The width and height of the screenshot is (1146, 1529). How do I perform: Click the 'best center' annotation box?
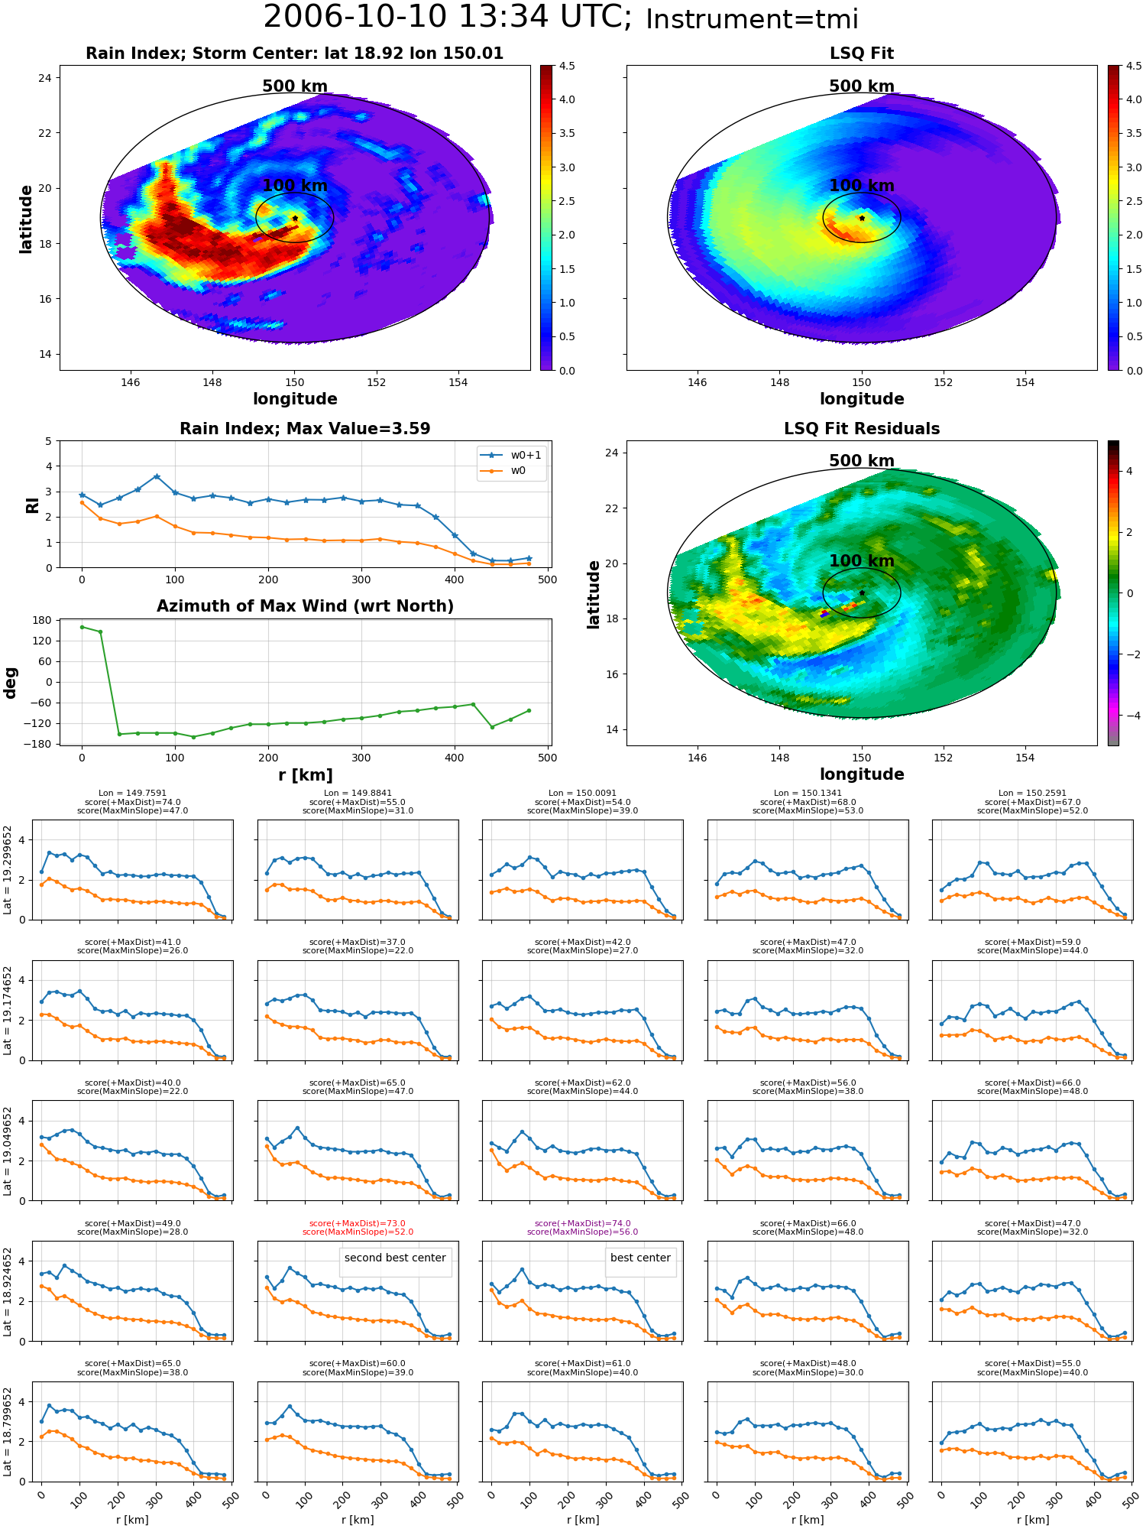[x=640, y=1258]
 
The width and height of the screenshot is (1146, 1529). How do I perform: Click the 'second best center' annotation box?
[x=395, y=1258]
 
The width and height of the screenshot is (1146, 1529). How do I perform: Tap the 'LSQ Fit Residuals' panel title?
[x=862, y=429]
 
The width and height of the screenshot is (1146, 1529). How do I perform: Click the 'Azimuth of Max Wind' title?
[x=305, y=606]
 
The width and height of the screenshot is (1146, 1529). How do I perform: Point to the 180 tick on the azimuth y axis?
[x=44, y=620]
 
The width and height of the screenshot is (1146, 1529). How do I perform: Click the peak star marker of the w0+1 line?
[x=157, y=476]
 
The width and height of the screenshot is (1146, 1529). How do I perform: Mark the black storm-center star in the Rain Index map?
[x=295, y=218]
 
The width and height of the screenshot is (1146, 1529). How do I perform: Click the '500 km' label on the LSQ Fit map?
[x=862, y=86]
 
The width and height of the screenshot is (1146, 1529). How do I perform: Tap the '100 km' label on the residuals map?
[x=862, y=561]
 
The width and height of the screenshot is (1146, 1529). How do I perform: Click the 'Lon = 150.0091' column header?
[x=582, y=794]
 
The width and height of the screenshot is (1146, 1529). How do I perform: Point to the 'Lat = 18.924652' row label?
[x=8, y=1292]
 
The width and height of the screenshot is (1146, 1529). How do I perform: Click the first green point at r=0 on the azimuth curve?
[x=82, y=627]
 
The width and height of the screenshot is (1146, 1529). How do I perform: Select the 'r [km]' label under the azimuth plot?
[x=305, y=775]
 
